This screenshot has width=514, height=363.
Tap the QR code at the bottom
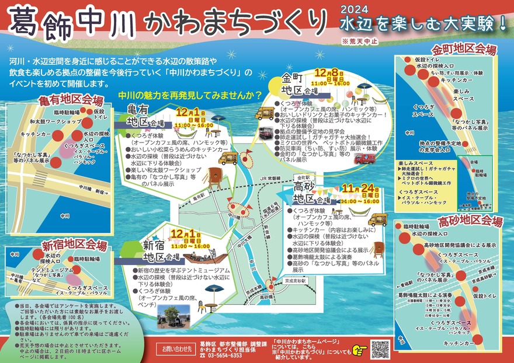click(380, 348)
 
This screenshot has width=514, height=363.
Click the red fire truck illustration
click(364, 158)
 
